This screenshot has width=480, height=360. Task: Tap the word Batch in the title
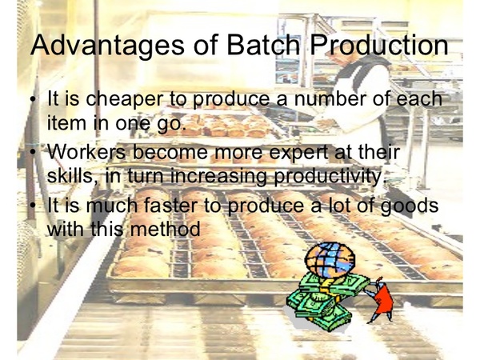(x=262, y=44)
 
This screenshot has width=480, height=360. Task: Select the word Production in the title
(x=379, y=44)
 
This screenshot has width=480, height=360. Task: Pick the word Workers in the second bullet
(x=86, y=151)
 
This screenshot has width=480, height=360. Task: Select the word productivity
(x=328, y=176)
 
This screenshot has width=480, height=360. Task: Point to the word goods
(x=410, y=206)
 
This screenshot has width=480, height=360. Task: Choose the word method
(x=166, y=228)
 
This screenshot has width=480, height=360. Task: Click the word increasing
(x=218, y=176)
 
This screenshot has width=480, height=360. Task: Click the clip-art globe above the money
(x=330, y=259)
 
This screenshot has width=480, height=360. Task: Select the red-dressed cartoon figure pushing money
(x=380, y=299)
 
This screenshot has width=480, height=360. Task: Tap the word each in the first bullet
(x=419, y=98)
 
